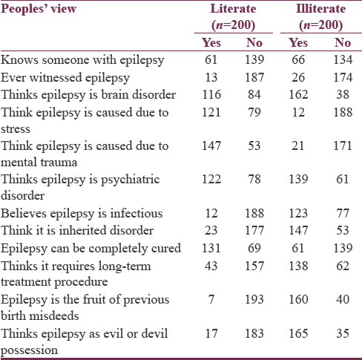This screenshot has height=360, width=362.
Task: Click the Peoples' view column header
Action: click(39, 9)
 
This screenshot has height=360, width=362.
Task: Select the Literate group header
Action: click(233, 17)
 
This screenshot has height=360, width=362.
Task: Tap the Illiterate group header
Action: click(321, 17)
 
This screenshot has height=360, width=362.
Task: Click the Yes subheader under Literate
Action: click(211, 42)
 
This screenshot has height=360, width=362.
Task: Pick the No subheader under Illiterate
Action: click(343, 42)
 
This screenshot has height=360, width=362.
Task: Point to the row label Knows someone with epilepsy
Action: click(82, 60)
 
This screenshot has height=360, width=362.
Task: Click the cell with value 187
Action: click(254, 77)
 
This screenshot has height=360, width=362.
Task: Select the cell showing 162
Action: click(298, 94)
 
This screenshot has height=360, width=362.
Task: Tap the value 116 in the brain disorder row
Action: click(211, 94)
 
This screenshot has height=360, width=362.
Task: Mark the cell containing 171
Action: click(343, 145)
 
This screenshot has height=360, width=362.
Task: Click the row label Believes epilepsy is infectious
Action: click(82, 213)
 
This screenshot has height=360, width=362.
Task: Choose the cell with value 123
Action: click(298, 213)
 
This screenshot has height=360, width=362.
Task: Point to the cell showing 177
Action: click(254, 230)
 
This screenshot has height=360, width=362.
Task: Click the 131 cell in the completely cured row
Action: click(211, 248)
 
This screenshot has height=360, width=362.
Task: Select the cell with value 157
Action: click(254, 266)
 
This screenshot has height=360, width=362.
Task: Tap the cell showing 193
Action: click(254, 299)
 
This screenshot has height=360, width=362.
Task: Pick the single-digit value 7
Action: click(211, 299)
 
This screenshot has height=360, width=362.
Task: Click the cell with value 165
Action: click(298, 333)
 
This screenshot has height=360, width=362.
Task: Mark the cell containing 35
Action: click(343, 333)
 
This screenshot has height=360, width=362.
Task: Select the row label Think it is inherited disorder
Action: click(77, 230)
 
